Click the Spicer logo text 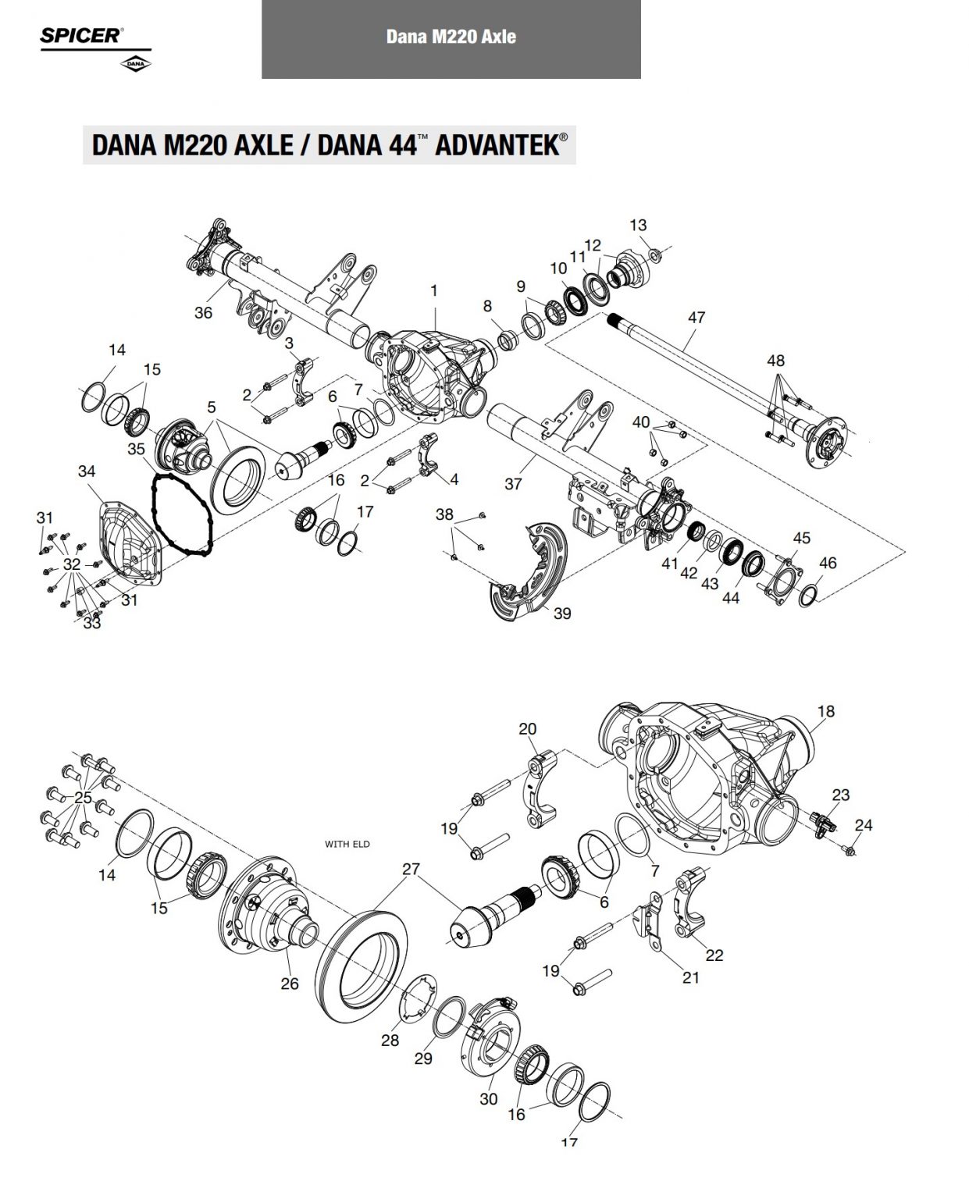[81, 36]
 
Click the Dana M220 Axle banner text [451, 37]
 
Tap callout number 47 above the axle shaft [696, 318]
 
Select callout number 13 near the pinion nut [638, 226]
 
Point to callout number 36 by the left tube [203, 313]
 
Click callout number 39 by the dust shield [562, 614]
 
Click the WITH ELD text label [347, 844]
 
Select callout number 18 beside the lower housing [826, 711]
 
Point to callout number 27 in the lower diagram [411, 869]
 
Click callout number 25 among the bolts [83, 798]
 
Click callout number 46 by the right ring [828, 563]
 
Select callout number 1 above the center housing [434, 291]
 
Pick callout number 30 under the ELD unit [489, 1099]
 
